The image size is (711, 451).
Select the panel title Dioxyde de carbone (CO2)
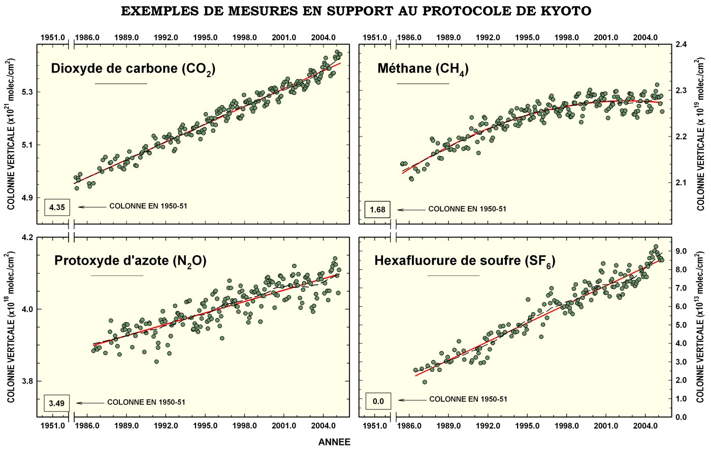(x=133, y=69)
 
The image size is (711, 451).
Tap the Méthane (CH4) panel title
(x=423, y=69)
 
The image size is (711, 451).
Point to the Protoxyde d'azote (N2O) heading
(x=130, y=261)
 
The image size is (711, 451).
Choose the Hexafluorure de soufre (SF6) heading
(x=465, y=261)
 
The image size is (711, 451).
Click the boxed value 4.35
(x=57, y=207)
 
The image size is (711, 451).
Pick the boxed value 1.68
(x=377, y=209)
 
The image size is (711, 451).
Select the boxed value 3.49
(x=56, y=403)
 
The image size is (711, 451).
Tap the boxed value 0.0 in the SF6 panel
(x=378, y=401)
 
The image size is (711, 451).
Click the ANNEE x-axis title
(x=334, y=442)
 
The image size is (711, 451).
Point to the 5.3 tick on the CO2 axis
(x=28, y=92)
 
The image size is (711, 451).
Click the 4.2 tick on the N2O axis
(x=28, y=237)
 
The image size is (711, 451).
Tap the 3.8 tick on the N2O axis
(x=28, y=381)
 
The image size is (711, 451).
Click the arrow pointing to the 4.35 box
(x=92, y=207)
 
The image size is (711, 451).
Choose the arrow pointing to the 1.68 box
(x=411, y=210)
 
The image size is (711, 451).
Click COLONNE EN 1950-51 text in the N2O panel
(x=146, y=402)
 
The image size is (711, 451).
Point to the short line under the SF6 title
(x=453, y=275)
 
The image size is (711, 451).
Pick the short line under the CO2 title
(x=121, y=83)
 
